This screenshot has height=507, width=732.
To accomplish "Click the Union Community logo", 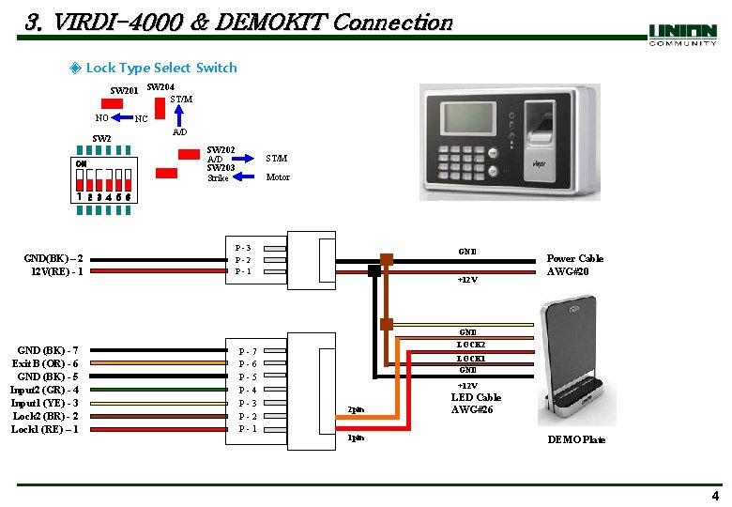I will pyautogui.click(x=682, y=35).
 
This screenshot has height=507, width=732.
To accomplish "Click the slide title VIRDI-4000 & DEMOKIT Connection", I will pyautogui.click(x=239, y=22).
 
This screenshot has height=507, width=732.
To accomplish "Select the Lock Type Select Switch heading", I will pyautogui.click(x=160, y=68).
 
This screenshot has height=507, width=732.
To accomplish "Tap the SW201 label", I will pyautogui.click(x=125, y=91).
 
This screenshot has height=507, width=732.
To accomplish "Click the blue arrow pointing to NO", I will pyautogui.click(x=123, y=117).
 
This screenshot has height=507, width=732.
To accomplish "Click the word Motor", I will pyautogui.click(x=278, y=177).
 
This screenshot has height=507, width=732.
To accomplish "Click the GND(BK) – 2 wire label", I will pyautogui.click(x=55, y=258).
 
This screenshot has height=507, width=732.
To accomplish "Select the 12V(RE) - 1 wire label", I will pyautogui.click(x=57, y=271).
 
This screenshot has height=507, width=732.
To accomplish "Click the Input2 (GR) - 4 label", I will pyautogui.click(x=44, y=390).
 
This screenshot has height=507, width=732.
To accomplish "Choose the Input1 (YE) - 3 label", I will pyautogui.click(x=44, y=403).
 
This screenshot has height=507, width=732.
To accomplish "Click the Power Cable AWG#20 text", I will pyautogui.click(x=575, y=265).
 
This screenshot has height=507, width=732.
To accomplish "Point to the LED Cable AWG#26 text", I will pyautogui.click(x=476, y=403).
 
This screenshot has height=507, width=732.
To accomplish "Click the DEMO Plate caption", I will pyautogui.click(x=576, y=439).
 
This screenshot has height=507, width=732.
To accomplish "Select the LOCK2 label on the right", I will pyautogui.click(x=470, y=346).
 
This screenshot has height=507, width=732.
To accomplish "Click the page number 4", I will pyautogui.click(x=715, y=496).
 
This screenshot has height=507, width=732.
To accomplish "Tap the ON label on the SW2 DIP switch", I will pyautogui.click(x=82, y=161).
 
